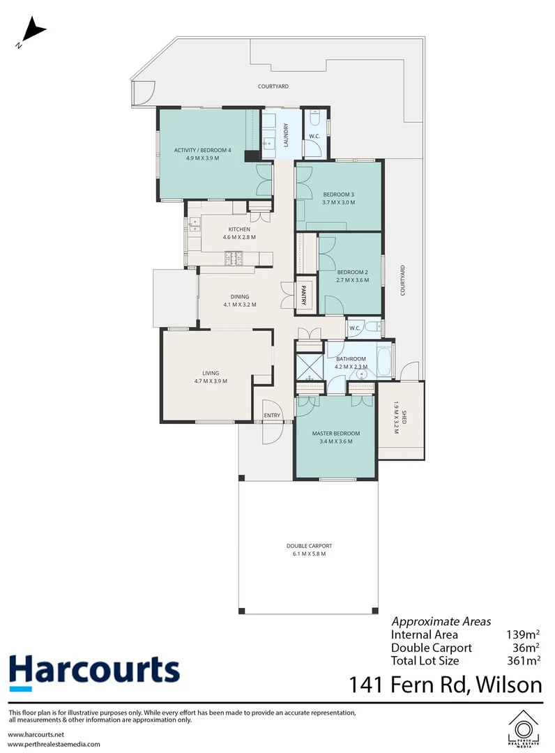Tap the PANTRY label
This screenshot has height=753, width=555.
(x=303, y=295)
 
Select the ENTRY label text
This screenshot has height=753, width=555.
(x=272, y=416)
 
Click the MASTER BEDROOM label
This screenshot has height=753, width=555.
(x=335, y=433)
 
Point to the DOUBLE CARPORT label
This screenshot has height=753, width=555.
(x=309, y=545)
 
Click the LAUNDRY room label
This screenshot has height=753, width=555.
(x=286, y=135)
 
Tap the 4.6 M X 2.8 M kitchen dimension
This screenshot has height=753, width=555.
(x=239, y=237)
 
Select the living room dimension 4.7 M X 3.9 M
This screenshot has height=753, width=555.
(x=211, y=381)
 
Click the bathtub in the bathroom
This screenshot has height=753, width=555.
(x=384, y=360)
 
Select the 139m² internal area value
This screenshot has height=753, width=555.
(x=523, y=634)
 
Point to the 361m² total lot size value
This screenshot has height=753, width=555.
(x=524, y=660)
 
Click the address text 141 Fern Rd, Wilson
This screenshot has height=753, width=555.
(x=446, y=685)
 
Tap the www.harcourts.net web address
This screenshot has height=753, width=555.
(x=36, y=734)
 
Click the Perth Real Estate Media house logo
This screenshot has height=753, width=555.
(x=524, y=729)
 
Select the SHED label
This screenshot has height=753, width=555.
(x=404, y=418)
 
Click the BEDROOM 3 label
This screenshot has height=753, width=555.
(x=338, y=195)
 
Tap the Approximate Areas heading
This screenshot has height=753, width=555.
(x=441, y=621)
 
